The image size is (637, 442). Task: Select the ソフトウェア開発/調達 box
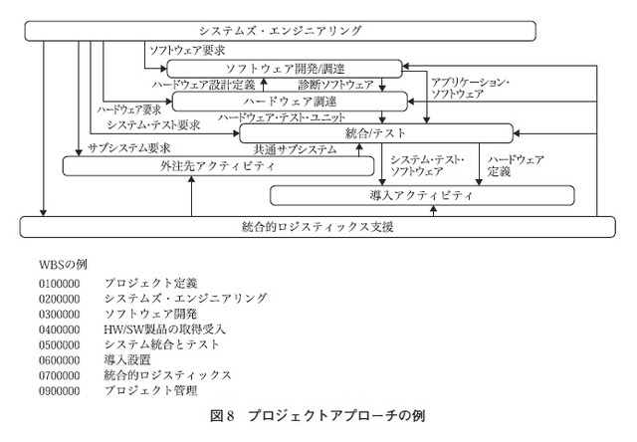(x=284, y=67)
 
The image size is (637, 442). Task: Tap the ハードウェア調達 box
(x=290, y=101)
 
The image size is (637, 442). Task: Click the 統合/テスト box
(x=374, y=132)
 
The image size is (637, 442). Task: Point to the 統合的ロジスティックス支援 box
(x=318, y=227)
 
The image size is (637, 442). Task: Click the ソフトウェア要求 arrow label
(x=185, y=48)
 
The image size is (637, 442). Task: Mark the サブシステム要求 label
(x=129, y=147)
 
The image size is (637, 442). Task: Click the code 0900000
(x=59, y=390)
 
